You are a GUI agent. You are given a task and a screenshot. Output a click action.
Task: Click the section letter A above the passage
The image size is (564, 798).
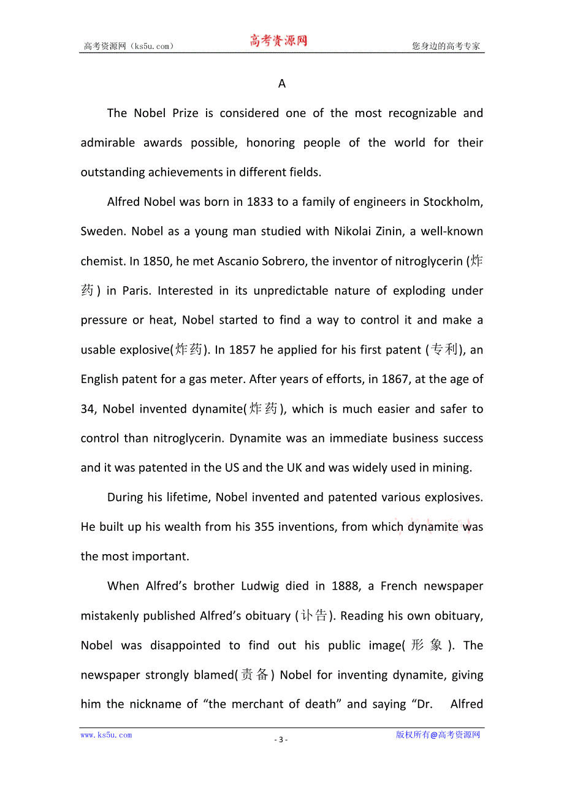282,84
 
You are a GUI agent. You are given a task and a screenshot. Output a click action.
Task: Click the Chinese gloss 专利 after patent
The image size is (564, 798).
445,350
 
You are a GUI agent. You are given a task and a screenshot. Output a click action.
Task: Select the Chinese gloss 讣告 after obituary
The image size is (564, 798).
314,615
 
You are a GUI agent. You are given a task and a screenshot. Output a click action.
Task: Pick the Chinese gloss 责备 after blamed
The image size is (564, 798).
254,675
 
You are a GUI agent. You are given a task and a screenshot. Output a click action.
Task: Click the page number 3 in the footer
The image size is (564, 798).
281,740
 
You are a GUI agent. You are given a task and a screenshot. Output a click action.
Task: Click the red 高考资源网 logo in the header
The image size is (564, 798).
278,41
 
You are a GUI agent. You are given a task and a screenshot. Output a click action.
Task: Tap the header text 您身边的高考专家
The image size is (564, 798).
446,46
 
